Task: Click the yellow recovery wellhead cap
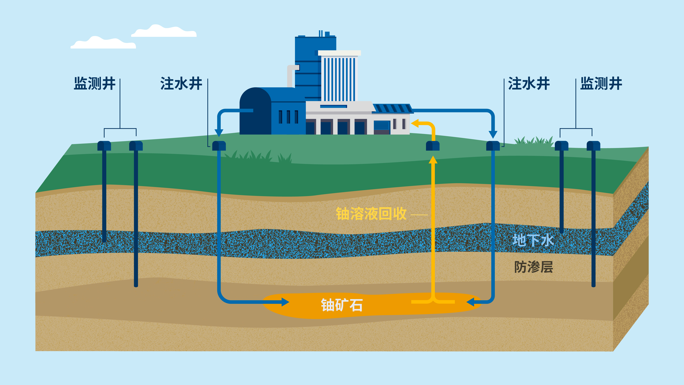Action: pyautogui.click(x=433, y=146)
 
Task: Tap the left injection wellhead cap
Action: pyautogui.click(x=219, y=146)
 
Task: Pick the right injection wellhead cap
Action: pyautogui.click(x=493, y=146)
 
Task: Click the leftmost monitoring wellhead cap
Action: pyautogui.click(x=104, y=146)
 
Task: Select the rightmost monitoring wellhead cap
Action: pyautogui.click(x=593, y=146)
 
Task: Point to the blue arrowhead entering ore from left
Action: pyautogui.click(x=285, y=302)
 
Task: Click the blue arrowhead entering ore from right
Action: pyautogui.click(x=471, y=302)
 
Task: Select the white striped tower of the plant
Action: pyautogui.click(x=339, y=77)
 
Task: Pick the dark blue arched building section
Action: pyautogui.click(x=255, y=112)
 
